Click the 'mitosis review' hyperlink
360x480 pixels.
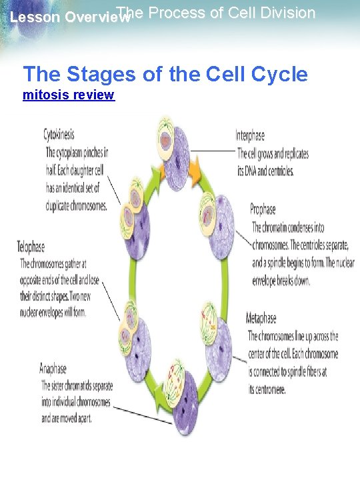coord(69,95)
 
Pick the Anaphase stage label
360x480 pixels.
coord(53,368)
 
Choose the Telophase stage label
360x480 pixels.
coord(31,247)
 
